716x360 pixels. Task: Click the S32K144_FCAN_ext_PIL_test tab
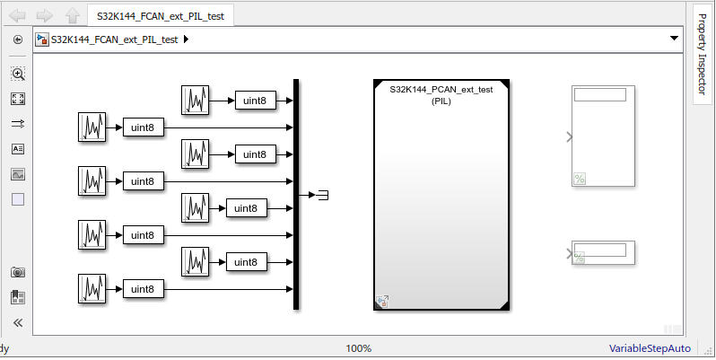tap(162, 15)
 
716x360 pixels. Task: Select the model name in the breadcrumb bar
tap(114, 40)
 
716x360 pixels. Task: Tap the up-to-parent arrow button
tap(72, 15)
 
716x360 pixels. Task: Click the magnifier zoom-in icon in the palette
tap(18, 75)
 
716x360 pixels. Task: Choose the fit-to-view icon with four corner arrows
tap(18, 99)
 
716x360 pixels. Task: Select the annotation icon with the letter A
tap(18, 149)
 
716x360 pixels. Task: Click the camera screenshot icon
tap(18, 272)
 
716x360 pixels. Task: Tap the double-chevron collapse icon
tap(18, 322)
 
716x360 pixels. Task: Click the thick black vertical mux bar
tap(296, 194)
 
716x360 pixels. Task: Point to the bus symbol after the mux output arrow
tap(323, 194)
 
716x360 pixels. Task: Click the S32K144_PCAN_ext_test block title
tap(441, 90)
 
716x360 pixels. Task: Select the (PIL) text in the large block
tap(441, 101)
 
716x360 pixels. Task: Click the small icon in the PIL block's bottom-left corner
tap(382, 302)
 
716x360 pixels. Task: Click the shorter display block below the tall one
tap(604, 252)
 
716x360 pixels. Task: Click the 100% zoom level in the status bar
tap(358, 348)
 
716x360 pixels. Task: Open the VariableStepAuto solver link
tap(650, 348)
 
